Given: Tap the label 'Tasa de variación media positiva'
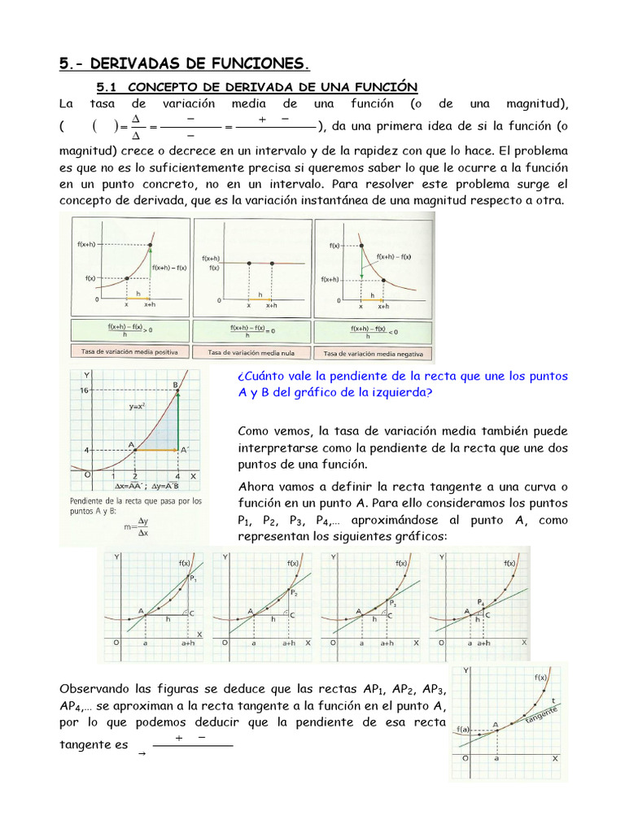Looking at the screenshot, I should click(x=129, y=351).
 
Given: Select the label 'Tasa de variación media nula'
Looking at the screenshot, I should click(x=251, y=352).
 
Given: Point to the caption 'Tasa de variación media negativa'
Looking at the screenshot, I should click(x=373, y=353).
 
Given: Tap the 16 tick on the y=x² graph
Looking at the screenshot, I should click(x=84, y=391).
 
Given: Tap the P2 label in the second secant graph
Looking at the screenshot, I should click(x=295, y=593).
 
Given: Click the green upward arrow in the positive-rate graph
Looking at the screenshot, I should click(x=152, y=261).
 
